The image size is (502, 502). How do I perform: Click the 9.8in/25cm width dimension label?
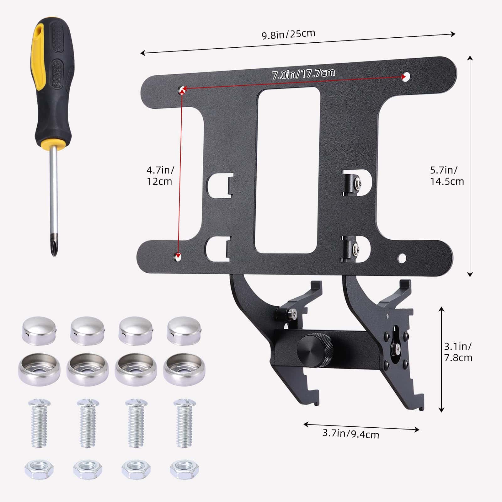pyautogui.click(x=288, y=34)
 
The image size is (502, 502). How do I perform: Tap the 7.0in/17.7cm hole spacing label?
pyautogui.click(x=303, y=74)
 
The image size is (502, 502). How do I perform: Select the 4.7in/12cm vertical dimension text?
pyautogui.click(x=160, y=176)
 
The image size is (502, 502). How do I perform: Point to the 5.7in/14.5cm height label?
pyautogui.click(x=446, y=176)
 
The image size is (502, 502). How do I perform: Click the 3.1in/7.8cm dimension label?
pyautogui.click(x=458, y=352)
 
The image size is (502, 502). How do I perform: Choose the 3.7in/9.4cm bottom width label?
pyautogui.click(x=350, y=434)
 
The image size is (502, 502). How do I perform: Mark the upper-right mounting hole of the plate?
pyautogui.click(x=406, y=76)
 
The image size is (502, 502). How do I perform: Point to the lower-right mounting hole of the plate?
pyautogui.click(x=402, y=258)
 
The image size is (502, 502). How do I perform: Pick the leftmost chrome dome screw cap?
pyautogui.click(x=39, y=330)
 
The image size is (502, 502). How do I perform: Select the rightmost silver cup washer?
pyautogui.click(x=184, y=369)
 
